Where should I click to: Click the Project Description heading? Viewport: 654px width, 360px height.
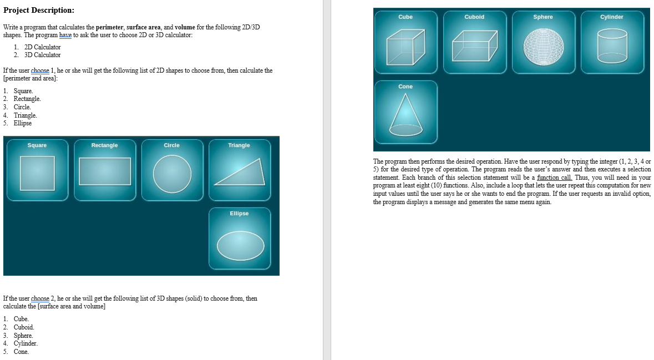click(39, 11)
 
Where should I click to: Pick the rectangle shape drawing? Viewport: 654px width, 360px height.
click(105, 171)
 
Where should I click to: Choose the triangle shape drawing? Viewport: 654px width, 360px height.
click(239, 173)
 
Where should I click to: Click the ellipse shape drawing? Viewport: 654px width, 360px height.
click(240, 245)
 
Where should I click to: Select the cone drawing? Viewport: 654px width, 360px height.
click(405, 115)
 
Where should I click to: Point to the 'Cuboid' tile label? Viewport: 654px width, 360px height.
click(474, 17)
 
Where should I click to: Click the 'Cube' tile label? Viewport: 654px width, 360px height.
click(405, 17)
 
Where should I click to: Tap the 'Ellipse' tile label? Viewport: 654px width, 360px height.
click(239, 214)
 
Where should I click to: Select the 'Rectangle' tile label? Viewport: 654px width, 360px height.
click(104, 145)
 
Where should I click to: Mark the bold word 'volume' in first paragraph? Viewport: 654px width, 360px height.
click(184, 27)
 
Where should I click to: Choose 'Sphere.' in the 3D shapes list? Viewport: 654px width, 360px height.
click(23, 336)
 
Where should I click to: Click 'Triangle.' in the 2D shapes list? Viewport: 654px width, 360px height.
click(26, 115)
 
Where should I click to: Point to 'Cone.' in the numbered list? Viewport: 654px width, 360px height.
click(21, 352)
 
